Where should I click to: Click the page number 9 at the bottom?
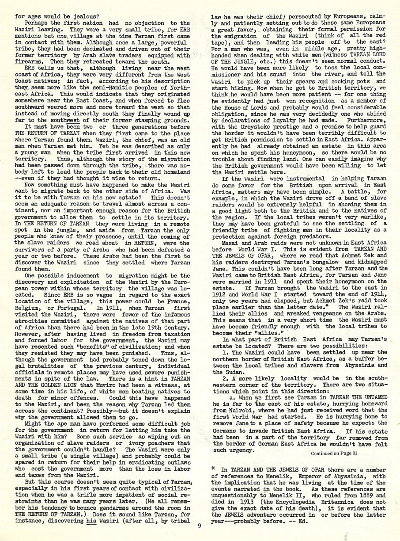[x=200, y=526]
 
